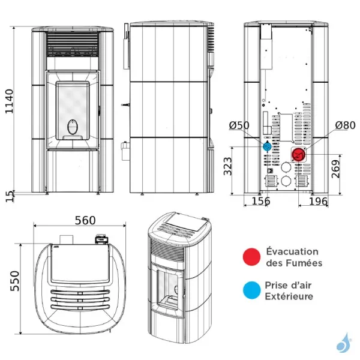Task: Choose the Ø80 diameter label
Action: click(x=345, y=125)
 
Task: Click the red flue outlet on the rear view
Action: click(x=298, y=155)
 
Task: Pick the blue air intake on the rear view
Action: click(x=267, y=146)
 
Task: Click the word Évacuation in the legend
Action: click(x=292, y=251)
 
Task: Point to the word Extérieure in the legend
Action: click(x=289, y=296)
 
